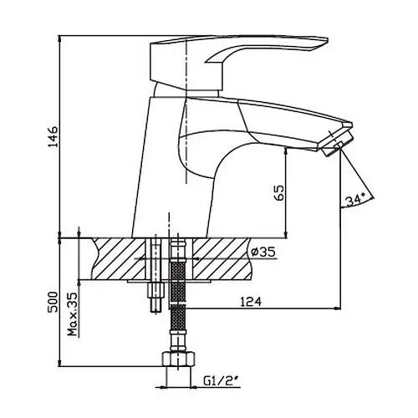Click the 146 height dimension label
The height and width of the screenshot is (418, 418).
click(52, 136)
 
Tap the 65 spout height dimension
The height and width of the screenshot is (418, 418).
click(279, 192)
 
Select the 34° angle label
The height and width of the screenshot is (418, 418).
click(355, 200)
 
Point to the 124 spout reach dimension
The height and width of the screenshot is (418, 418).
click(251, 302)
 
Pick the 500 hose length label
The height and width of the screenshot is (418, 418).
click(52, 302)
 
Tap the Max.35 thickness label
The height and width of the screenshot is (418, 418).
click(73, 314)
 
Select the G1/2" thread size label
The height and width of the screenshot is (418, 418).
click(222, 380)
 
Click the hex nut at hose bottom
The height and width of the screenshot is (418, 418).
click(178, 359)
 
